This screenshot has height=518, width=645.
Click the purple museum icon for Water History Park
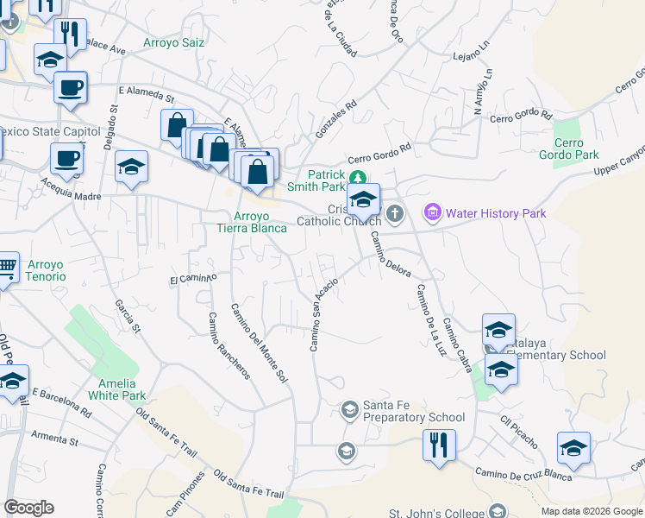click(x=433, y=212)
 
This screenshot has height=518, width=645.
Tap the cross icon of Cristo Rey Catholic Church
click(x=395, y=212)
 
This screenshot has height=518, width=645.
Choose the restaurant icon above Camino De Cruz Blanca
click(x=439, y=446)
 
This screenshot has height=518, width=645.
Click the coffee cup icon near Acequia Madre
click(x=66, y=159)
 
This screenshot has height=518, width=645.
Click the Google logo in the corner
click(x=28, y=508)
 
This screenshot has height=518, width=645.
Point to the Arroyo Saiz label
click(x=174, y=42)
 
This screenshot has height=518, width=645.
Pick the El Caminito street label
click(x=192, y=279)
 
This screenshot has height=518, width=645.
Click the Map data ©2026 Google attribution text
click(x=591, y=511)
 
